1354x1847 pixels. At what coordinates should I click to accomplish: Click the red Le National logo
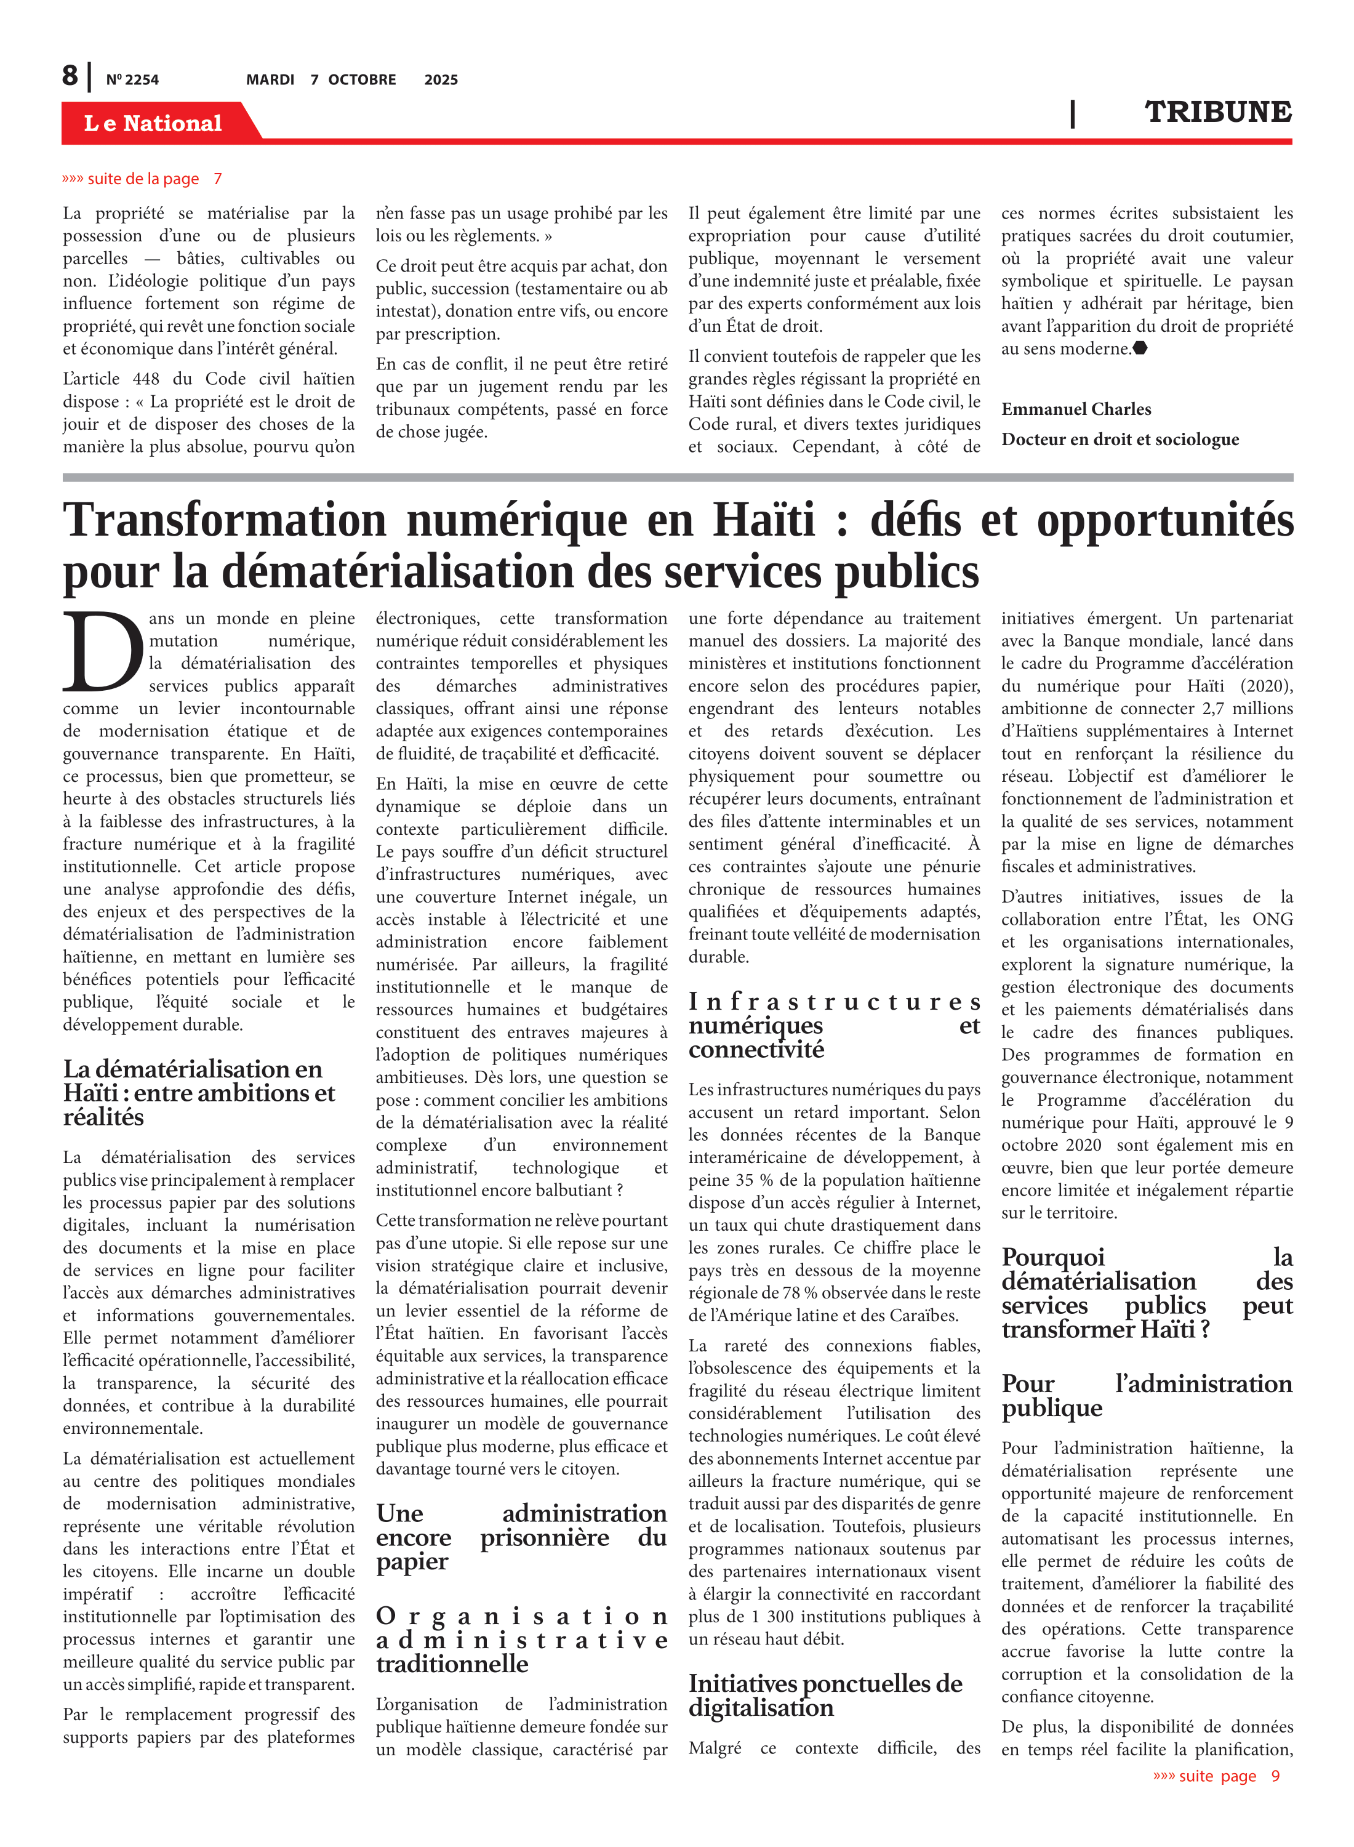(153, 123)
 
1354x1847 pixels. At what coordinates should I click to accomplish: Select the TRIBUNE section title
(1217, 111)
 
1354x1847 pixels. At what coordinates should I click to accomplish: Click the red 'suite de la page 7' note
(142, 179)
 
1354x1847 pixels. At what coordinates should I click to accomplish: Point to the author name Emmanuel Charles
(1075, 409)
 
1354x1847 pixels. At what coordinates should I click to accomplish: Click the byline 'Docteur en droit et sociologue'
(1120, 440)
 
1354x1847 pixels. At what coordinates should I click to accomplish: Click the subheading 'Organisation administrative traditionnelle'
(521, 1640)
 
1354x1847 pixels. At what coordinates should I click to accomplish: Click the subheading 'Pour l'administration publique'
(1146, 1395)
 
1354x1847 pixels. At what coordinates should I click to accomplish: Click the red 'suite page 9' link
(1216, 1776)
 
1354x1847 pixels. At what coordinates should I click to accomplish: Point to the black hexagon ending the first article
(1139, 348)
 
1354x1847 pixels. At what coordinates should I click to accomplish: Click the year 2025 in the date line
(441, 79)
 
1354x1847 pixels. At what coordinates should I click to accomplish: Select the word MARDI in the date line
(270, 79)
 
